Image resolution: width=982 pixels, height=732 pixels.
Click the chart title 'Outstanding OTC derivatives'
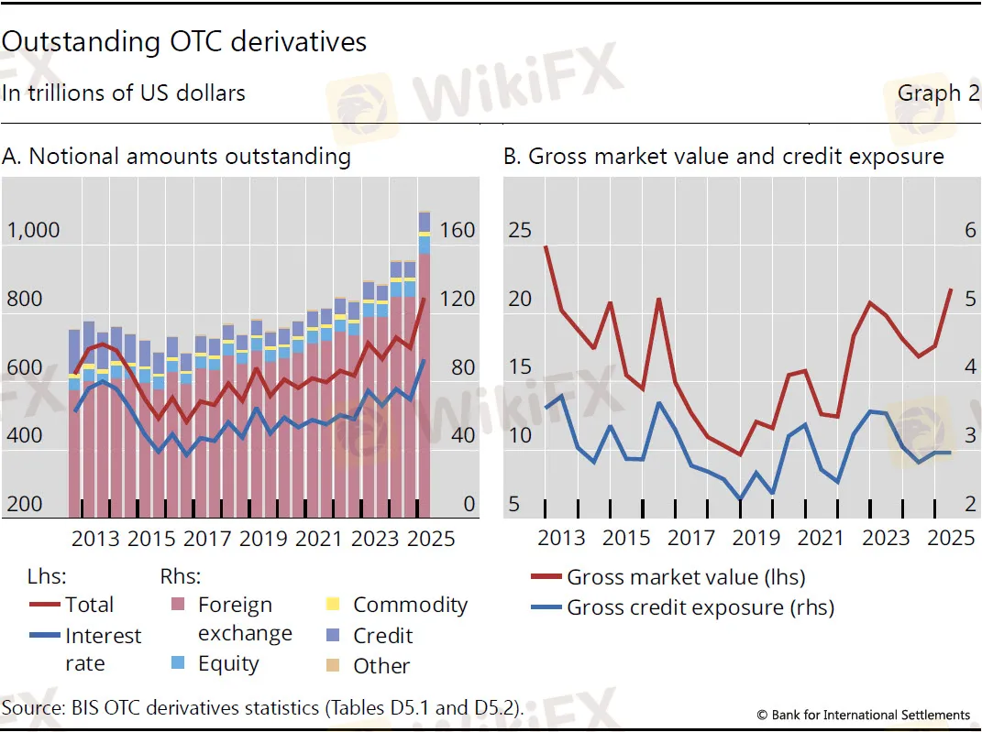[184, 42]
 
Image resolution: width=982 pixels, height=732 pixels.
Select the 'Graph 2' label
[938, 93]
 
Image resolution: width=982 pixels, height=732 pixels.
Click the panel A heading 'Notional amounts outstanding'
[176, 156]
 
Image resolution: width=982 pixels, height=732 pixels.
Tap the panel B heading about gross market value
[723, 156]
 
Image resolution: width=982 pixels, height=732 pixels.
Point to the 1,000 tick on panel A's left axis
[33, 230]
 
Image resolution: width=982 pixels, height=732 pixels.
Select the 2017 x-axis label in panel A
[207, 538]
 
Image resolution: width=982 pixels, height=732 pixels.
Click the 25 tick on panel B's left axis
[520, 230]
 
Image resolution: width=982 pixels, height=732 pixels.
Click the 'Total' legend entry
[89, 605]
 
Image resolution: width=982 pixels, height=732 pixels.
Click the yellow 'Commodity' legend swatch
[334, 605]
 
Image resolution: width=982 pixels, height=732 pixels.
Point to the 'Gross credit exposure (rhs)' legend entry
[700, 606]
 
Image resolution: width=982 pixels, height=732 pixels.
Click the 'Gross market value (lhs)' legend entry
[685, 577]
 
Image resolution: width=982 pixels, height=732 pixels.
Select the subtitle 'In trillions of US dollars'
[124, 93]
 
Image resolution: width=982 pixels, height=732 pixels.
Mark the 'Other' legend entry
[381, 666]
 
